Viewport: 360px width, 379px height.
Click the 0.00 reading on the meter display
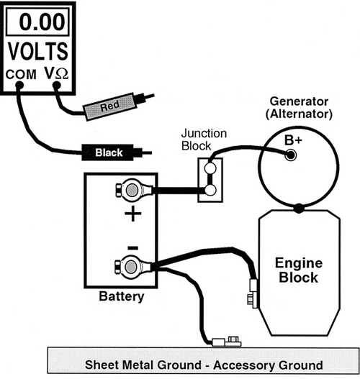tap(42, 22)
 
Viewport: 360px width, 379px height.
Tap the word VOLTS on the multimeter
tap(38, 51)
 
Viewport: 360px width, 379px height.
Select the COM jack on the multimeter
tap(19, 85)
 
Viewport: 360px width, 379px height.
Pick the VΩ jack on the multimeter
tap(56, 85)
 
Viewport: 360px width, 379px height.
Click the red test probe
tap(119, 105)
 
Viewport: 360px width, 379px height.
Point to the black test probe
tap(117, 152)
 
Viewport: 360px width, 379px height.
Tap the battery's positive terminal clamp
tap(133, 190)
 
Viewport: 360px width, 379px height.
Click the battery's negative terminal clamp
tap(132, 267)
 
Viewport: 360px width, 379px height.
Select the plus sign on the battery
tap(132, 214)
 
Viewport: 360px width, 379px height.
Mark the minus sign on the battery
tap(132, 247)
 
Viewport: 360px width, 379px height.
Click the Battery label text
tap(122, 296)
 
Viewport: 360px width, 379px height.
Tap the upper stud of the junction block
tap(210, 168)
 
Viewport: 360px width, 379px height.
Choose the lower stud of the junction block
tap(210, 191)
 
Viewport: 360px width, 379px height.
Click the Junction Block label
tap(204, 140)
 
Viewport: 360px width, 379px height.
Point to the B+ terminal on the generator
tap(291, 155)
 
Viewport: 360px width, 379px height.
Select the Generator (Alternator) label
tap(299, 108)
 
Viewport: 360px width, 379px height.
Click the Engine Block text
tap(299, 270)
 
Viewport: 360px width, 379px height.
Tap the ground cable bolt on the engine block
tap(252, 300)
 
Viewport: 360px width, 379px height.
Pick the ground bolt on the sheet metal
tap(233, 341)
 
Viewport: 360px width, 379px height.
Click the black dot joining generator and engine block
tap(299, 209)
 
